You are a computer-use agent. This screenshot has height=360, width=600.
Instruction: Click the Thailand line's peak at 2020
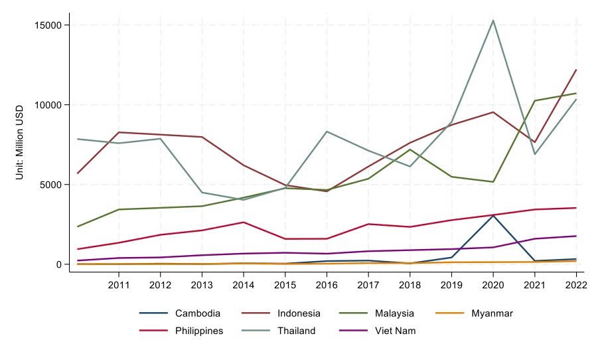[x=492, y=21]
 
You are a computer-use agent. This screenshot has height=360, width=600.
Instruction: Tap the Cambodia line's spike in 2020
[x=492, y=215]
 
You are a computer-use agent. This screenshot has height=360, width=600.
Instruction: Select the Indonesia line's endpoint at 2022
[x=575, y=70]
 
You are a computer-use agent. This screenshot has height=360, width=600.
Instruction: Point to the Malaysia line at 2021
[x=534, y=101]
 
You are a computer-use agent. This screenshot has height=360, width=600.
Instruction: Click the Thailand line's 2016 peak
[x=327, y=132]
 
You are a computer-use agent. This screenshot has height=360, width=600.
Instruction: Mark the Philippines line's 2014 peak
[x=244, y=223]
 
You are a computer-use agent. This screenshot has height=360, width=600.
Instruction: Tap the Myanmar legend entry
[x=492, y=314]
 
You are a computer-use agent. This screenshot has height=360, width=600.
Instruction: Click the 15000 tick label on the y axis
[x=48, y=25]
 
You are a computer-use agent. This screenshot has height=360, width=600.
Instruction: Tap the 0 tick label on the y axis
[x=58, y=264]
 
